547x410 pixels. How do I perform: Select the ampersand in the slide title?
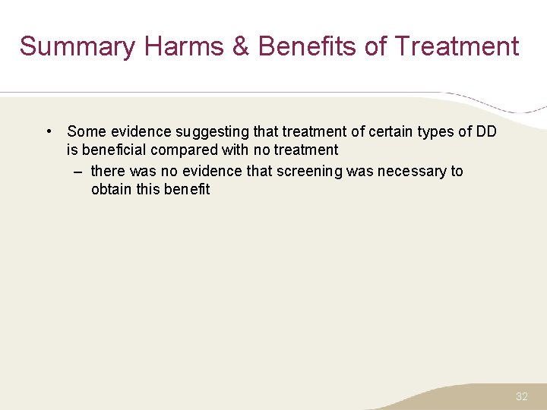pyautogui.click(x=241, y=47)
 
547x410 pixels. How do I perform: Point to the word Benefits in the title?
pyautogui.click(x=308, y=47)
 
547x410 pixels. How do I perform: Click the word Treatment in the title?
pyautogui.click(x=457, y=47)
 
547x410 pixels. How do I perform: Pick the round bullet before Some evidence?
pyautogui.click(x=48, y=131)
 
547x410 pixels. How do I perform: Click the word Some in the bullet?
pyautogui.click(x=84, y=132)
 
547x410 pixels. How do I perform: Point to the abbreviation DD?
pyautogui.click(x=486, y=132)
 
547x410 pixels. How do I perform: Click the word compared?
pyautogui.click(x=184, y=150)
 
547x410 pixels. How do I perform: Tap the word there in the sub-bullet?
pyautogui.click(x=109, y=172)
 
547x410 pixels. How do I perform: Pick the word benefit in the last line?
pyautogui.click(x=187, y=190)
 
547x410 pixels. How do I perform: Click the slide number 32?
pyautogui.click(x=522, y=396)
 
